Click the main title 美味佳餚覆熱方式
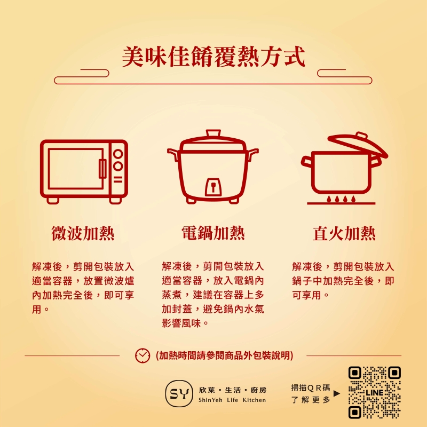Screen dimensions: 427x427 (213, 57)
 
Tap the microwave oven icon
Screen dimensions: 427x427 (84, 171)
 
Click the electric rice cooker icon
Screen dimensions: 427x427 (212, 167)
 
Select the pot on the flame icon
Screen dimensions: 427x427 (344, 168)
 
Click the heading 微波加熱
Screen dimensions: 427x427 (83, 233)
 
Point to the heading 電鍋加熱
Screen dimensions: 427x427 (213, 233)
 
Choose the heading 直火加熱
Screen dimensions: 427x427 (344, 234)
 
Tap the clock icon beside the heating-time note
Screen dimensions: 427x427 (143, 355)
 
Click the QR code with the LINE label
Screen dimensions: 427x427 (375, 392)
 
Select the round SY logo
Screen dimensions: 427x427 (178, 393)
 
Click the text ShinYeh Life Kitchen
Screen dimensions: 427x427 (232, 400)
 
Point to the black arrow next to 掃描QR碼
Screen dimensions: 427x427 (337, 393)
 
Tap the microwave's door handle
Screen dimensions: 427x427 (102, 169)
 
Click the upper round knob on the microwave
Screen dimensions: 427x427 (118, 154)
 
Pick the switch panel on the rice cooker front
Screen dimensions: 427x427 (213, 187)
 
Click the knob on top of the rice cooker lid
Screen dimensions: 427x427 (213, 133)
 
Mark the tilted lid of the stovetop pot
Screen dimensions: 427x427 (358, 145)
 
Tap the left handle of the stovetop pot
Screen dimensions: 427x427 (306, 162)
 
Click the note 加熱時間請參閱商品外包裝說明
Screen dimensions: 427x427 (224, 355)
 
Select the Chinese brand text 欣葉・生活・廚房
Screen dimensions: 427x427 (233, 390)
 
